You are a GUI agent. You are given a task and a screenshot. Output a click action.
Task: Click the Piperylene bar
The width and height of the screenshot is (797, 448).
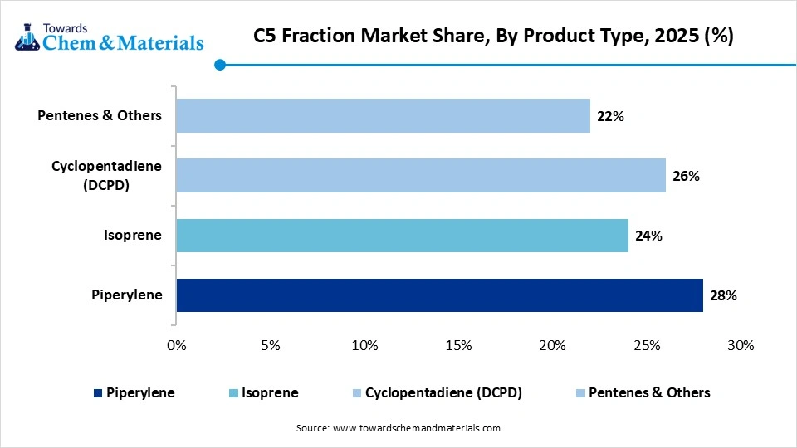pos(439,295)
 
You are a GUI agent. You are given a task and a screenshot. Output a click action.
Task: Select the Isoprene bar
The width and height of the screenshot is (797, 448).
pos(402,236)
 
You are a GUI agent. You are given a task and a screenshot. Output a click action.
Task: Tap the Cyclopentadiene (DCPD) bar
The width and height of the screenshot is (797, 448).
pos(421,175)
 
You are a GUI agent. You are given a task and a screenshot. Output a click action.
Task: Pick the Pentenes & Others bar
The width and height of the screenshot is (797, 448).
pos(383,115)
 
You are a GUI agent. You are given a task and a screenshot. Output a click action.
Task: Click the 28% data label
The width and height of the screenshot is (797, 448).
pos(723,295)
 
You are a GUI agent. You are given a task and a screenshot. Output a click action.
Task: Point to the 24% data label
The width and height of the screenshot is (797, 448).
pos(648,236)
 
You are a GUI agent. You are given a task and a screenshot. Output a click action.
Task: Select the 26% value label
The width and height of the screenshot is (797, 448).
pos(686,176)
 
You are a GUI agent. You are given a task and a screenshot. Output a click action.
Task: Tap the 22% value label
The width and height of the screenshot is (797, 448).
pos(610,116)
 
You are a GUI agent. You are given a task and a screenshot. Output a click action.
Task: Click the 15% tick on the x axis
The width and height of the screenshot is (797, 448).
pos(458,345)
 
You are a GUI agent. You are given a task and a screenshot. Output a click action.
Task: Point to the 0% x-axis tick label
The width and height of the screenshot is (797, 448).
pos(177,345)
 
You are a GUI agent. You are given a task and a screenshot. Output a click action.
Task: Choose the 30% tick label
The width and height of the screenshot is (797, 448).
pos(740,345)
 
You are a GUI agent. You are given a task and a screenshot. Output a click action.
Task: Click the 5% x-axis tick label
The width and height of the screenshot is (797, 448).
pos(271,345)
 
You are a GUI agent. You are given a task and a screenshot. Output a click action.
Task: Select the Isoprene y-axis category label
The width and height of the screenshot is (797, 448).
pos(133,236)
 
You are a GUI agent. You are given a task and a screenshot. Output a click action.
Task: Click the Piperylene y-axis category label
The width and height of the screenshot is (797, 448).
pos(127,295)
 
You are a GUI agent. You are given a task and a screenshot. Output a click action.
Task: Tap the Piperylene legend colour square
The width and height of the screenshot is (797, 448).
pos(99,393)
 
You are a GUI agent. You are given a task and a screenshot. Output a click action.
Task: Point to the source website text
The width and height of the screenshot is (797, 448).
pos(398,428)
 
